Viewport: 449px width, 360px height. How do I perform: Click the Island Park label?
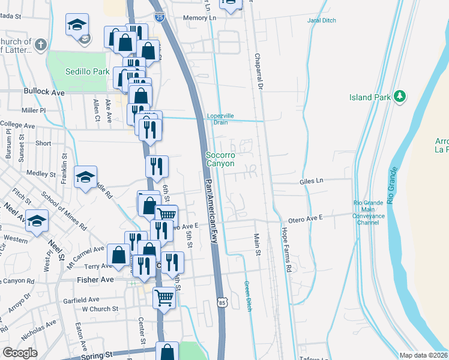pyautogui.click(x=369, y=97)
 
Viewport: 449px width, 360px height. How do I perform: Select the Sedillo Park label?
pyautogui.click(x=88, y=71)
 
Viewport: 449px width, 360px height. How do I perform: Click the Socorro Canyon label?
pyautogui.click(x=220, y=159)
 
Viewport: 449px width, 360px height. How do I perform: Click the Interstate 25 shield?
pyautogui.click(x=158, y=18)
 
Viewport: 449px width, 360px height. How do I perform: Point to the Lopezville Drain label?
pyautogui.click(x=221, y=118)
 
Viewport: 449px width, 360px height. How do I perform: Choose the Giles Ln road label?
pyautogui.click(x=312, y=179)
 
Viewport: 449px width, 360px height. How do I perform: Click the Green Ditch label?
pyautogui.click(x=247, y=295)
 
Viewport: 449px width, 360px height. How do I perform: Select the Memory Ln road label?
pyautogui.click(x=199, y=18)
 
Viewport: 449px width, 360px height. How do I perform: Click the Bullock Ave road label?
pyautogui.click(x=44, y=92)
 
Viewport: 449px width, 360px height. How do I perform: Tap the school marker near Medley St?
pyautogui.click(x=86, y=176)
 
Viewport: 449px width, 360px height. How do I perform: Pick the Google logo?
pyautogui.click(x=20, y=353)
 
